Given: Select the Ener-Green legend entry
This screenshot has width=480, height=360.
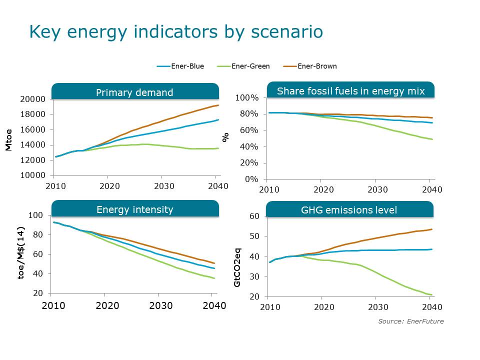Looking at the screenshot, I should (250, 66).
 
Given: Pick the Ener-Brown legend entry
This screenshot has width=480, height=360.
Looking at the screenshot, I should (316, 66).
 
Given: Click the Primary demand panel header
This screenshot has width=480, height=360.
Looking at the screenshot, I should (134, 92).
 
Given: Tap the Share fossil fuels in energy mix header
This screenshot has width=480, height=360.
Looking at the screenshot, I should (350, 91).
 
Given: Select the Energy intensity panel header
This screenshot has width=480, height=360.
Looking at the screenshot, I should (134, 209).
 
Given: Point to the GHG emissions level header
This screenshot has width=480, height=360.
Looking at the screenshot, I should (350, 210).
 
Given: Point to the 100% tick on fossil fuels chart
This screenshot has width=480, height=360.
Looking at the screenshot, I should (247, 98).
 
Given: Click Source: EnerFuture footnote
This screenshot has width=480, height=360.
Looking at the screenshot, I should (410, 321).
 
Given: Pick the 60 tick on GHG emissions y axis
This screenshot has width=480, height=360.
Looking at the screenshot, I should (253, 216).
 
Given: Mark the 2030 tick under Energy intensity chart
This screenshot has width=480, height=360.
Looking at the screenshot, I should (161, 305).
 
